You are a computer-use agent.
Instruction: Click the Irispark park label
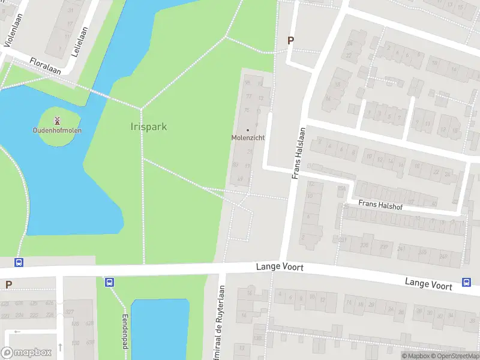pos(148,127)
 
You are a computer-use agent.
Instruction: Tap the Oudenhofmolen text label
pos(58,130)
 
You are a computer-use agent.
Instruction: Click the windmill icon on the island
pos(58,121)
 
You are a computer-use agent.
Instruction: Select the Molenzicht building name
pos(248,138)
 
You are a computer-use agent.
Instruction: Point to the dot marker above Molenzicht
pos(248,130)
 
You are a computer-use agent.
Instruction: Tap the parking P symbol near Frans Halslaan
pos(291,41)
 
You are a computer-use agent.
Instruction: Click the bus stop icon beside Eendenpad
pos(109,282)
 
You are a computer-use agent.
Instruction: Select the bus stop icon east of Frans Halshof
pos(466,283)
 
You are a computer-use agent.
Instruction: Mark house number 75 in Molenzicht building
pos(247,110)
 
